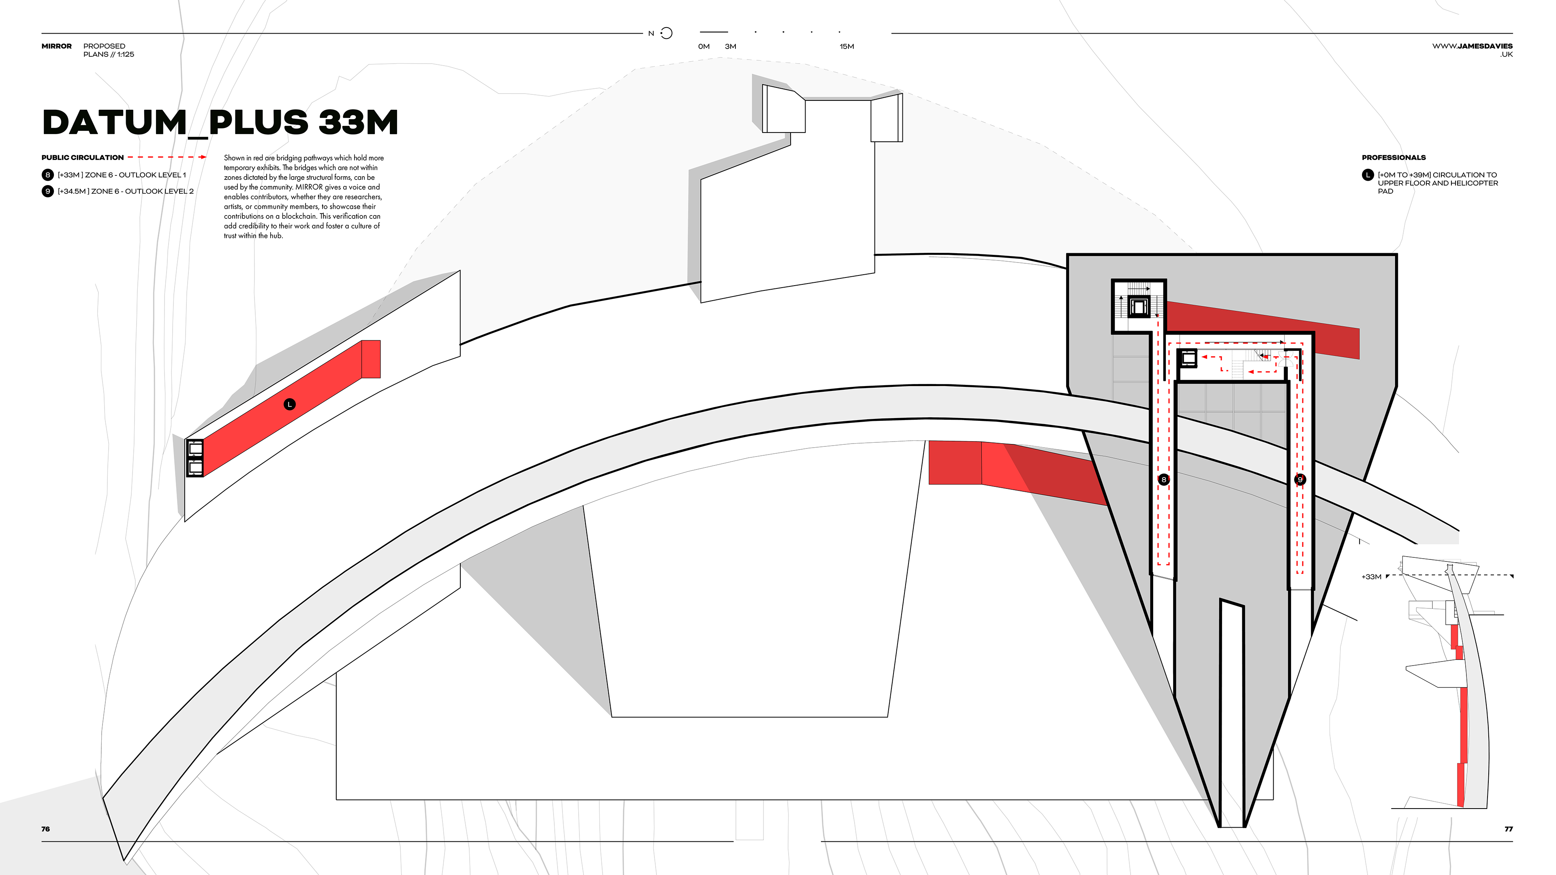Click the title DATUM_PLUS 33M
pos(220,123)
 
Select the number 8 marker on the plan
pos(1163,480)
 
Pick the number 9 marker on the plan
pos(1300,480)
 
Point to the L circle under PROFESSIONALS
pos(1368,175)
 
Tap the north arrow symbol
pos(666,33)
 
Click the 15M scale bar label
pos(846,47)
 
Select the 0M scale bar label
pos(704,47)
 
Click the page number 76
pos(45,829)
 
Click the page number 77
pos(1508,829)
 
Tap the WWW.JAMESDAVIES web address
pos(1472,46)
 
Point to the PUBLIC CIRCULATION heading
pos(83,158)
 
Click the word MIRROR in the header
pos(56,46)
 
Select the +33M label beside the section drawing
pos(1371,577)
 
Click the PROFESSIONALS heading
pos(1394,158)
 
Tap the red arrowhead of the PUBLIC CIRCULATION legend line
pos(203,157)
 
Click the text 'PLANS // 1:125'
pos(109,54)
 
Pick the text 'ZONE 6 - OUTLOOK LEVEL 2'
pos(143,192)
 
